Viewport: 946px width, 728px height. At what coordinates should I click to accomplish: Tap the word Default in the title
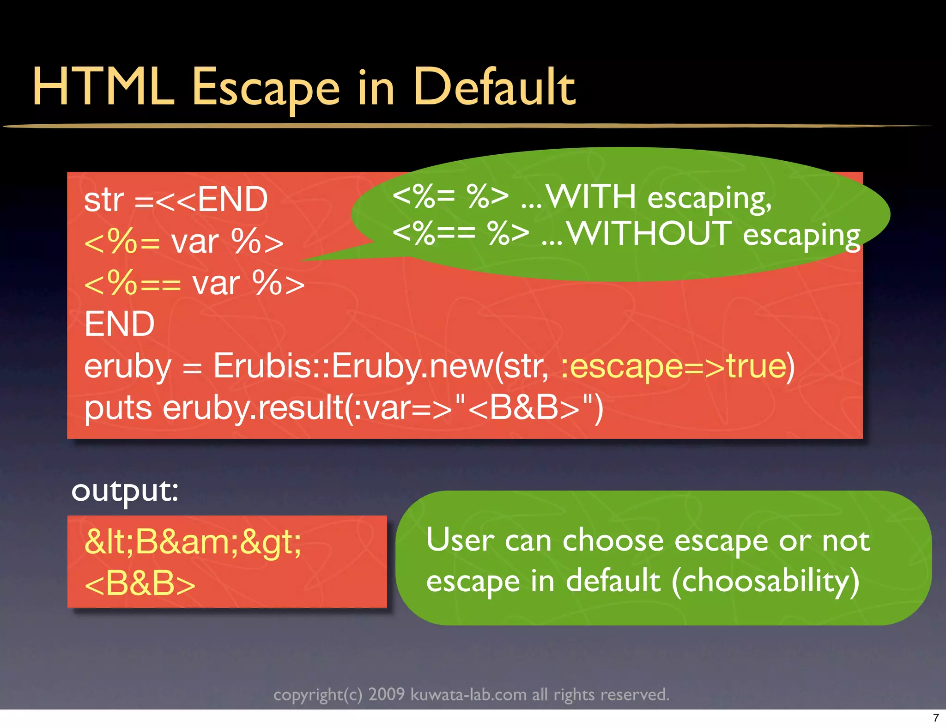[494, 87]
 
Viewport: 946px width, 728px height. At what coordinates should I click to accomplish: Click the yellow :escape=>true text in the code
[677, 366]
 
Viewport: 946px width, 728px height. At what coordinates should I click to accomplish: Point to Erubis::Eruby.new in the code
[353, 366]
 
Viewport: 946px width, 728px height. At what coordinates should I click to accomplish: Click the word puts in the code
[118, 408]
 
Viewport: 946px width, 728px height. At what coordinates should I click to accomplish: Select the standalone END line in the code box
[119, 324]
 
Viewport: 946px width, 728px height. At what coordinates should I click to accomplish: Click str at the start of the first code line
[104, 200]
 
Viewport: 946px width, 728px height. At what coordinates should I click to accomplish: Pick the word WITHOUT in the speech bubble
[649, 233]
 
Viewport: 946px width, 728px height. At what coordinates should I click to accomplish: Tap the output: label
[125, 491]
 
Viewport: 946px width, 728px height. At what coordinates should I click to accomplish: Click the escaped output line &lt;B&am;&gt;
[193, 542]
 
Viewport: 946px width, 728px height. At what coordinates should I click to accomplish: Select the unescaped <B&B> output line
[140, 583]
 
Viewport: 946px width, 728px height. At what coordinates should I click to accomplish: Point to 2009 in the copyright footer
[386, 694]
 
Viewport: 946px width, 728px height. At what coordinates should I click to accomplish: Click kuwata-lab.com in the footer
[468, 694]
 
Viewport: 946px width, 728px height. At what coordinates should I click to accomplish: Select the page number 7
[936, 718]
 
